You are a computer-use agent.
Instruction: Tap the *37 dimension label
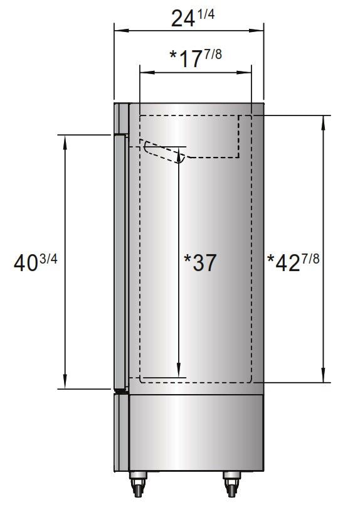pos(201,262)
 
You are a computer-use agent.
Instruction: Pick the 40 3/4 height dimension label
pos(35,262)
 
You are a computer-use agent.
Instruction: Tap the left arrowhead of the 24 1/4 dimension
pos(118,29)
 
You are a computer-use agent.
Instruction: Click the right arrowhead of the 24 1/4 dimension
pos(259,29)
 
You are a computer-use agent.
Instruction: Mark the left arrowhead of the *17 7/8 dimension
pos(144,73)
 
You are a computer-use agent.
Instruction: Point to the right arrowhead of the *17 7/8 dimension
pos(247,73)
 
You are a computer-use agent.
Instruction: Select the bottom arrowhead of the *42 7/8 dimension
pos(324,378)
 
